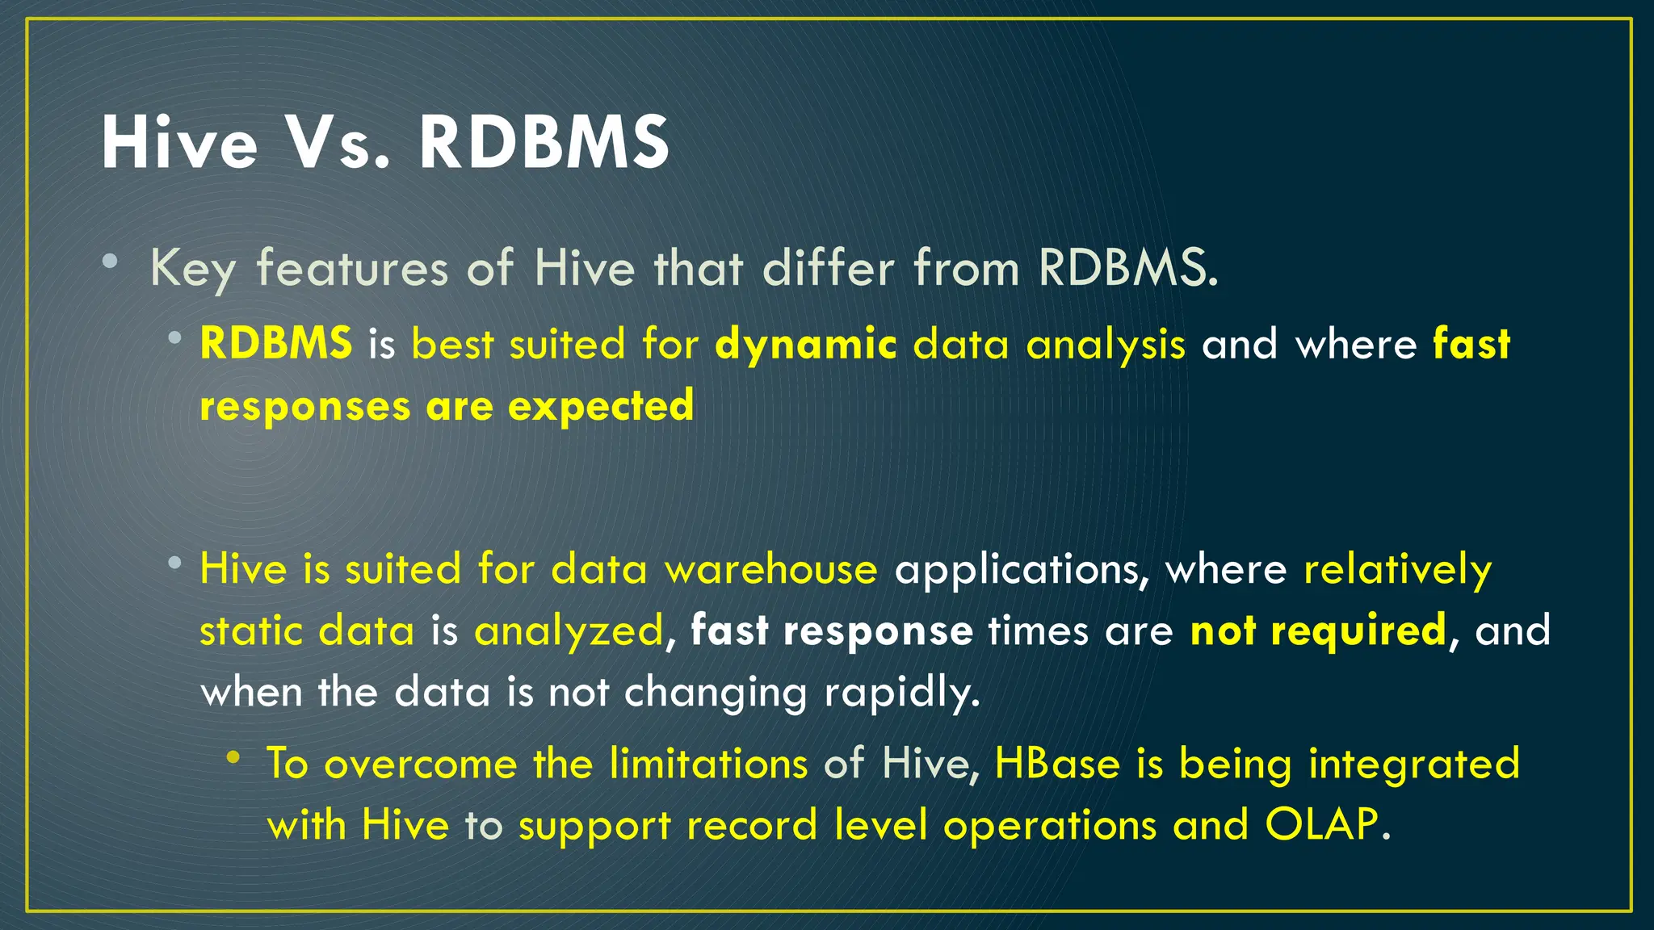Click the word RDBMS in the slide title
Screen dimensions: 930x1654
point(544,143)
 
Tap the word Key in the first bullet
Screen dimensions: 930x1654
point(192,269)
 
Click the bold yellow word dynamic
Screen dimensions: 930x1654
point(805,345)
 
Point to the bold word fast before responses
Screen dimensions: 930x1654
point(1471,344)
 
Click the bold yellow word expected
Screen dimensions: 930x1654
point(601,405)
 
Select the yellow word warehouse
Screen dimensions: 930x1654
point(770,568)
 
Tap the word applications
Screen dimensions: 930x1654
point(1021,570)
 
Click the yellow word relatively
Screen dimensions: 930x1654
point(1397,570)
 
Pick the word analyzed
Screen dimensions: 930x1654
point(568,631)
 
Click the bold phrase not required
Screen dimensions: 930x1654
point(1319,630)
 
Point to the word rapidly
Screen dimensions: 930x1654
point(901,693)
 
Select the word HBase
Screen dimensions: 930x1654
point(1057,764)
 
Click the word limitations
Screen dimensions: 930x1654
point(708,764)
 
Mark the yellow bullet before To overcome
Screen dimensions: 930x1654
point(233,757)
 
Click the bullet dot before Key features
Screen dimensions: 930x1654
point(111,262)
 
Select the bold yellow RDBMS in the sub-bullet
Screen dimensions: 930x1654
point(276,343)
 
